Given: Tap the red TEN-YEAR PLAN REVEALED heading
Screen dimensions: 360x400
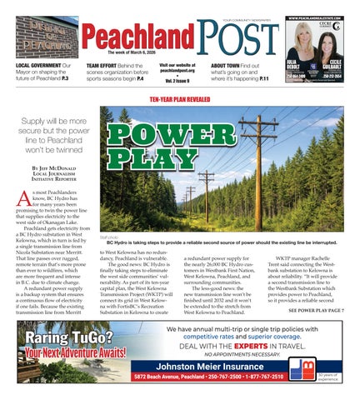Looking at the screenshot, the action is tap(179, 97).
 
